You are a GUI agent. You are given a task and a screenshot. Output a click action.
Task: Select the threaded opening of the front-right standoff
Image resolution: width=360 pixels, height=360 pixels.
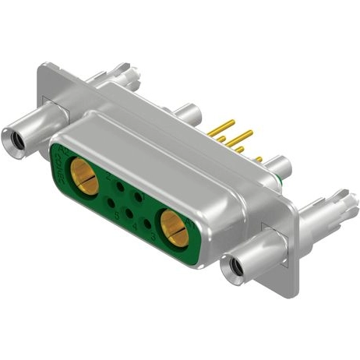[x=232, y=270]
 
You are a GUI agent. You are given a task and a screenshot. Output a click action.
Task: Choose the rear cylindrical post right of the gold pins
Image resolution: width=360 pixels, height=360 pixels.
[x=277, y=166]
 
